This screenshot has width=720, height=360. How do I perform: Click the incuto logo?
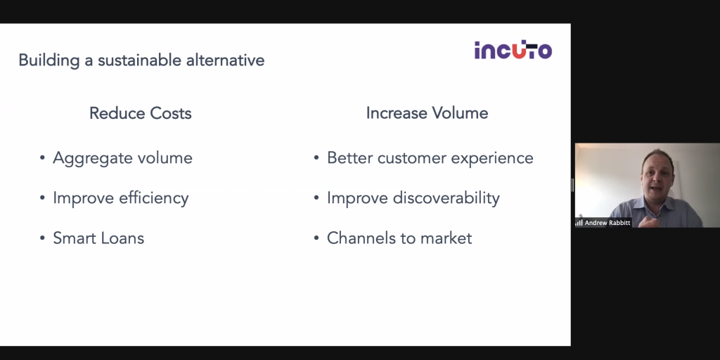point(513,50)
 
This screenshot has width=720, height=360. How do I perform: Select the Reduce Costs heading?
point(141,113)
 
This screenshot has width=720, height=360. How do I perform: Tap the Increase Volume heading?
point(427,113)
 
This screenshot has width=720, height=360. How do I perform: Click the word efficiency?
point(154,198)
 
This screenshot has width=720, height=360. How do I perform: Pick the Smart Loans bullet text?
point(98,238)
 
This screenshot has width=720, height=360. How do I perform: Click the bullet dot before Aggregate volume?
point(42,158)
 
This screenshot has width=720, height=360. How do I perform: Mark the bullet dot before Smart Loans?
point(42,238)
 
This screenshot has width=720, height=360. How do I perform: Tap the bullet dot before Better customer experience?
point(316,158)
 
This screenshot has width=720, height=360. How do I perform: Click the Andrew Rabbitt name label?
point(607,223)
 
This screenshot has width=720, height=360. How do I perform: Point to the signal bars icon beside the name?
point(579,223)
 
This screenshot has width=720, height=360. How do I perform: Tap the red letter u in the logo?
point(517,51)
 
